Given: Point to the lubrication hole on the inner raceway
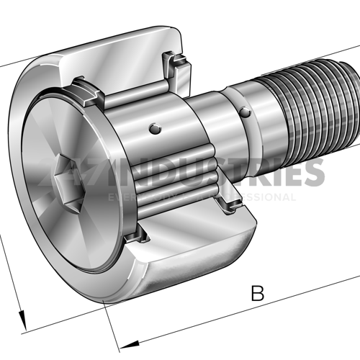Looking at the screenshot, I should click(153, 129).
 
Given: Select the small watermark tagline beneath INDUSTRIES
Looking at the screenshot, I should click(202, 197).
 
